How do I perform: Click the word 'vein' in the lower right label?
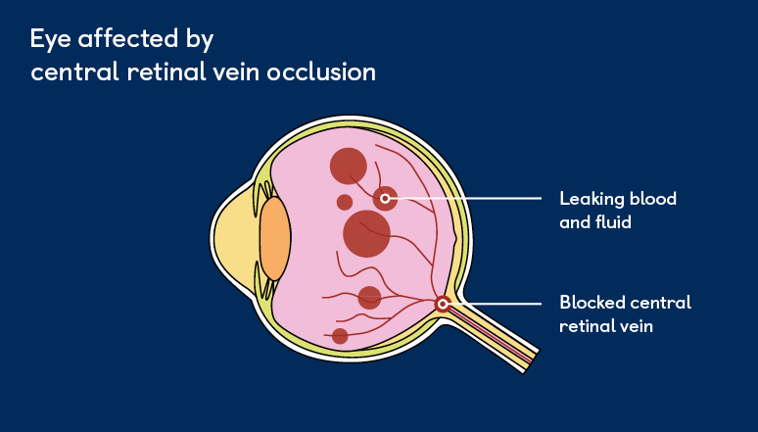coord(636,326)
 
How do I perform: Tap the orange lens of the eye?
coord(275,238)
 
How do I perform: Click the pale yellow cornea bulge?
coord(233,239)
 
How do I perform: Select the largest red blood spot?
coord(367,233)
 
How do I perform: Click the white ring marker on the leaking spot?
coord(386,199)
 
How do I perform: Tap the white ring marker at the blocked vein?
coord(443,304)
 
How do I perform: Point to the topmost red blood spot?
coord(348,166)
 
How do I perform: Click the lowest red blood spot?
coord(340,336)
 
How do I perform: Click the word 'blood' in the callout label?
coord(653,199)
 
